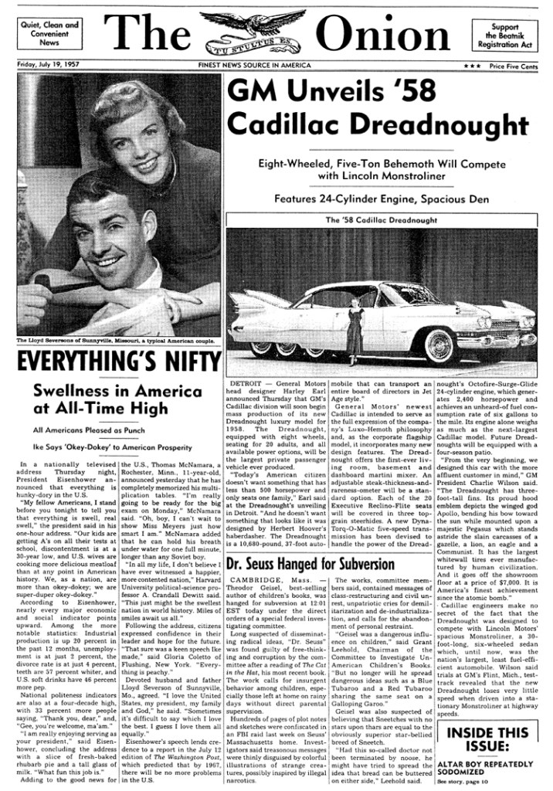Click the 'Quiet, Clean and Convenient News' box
pyautogui.click(x=49, y=34)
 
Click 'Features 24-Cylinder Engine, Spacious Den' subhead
pyautogui.click(x=382, y=199)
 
